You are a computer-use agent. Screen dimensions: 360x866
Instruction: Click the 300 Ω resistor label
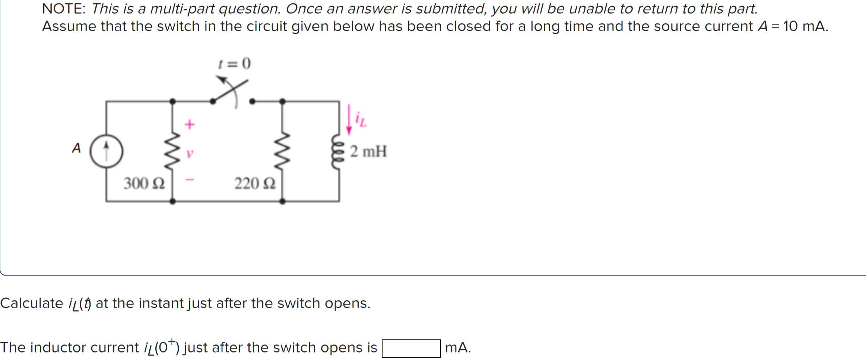(144, 184)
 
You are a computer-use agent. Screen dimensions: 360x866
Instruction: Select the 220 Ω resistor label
(255, 184)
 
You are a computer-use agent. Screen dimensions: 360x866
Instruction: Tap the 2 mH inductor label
(368, 152)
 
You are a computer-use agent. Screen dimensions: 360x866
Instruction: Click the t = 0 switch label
(235, 63)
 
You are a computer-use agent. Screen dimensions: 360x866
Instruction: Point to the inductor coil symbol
(337, 151)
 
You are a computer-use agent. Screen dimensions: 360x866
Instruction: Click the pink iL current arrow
(349, 119)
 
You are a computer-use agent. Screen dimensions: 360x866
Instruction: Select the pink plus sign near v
(190, 124)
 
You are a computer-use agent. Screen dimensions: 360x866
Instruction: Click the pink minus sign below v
(190, 180)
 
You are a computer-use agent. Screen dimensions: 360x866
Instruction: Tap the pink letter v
(190, 153)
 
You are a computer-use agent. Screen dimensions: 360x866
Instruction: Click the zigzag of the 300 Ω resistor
(172, 151)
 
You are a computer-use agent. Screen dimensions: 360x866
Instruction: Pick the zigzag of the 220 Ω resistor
(282, 151)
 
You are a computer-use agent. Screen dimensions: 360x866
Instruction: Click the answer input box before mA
(411, 348)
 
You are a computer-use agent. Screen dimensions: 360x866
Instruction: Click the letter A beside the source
(76, 148)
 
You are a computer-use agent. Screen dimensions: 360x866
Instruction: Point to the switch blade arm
(230, 91)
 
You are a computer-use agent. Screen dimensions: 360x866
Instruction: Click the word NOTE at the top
(63, 9)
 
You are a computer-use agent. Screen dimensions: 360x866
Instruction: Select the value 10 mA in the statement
(805, 26)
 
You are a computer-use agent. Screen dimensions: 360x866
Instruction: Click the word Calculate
(32, 303)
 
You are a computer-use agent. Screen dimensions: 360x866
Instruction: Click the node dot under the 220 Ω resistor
(282, 201)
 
